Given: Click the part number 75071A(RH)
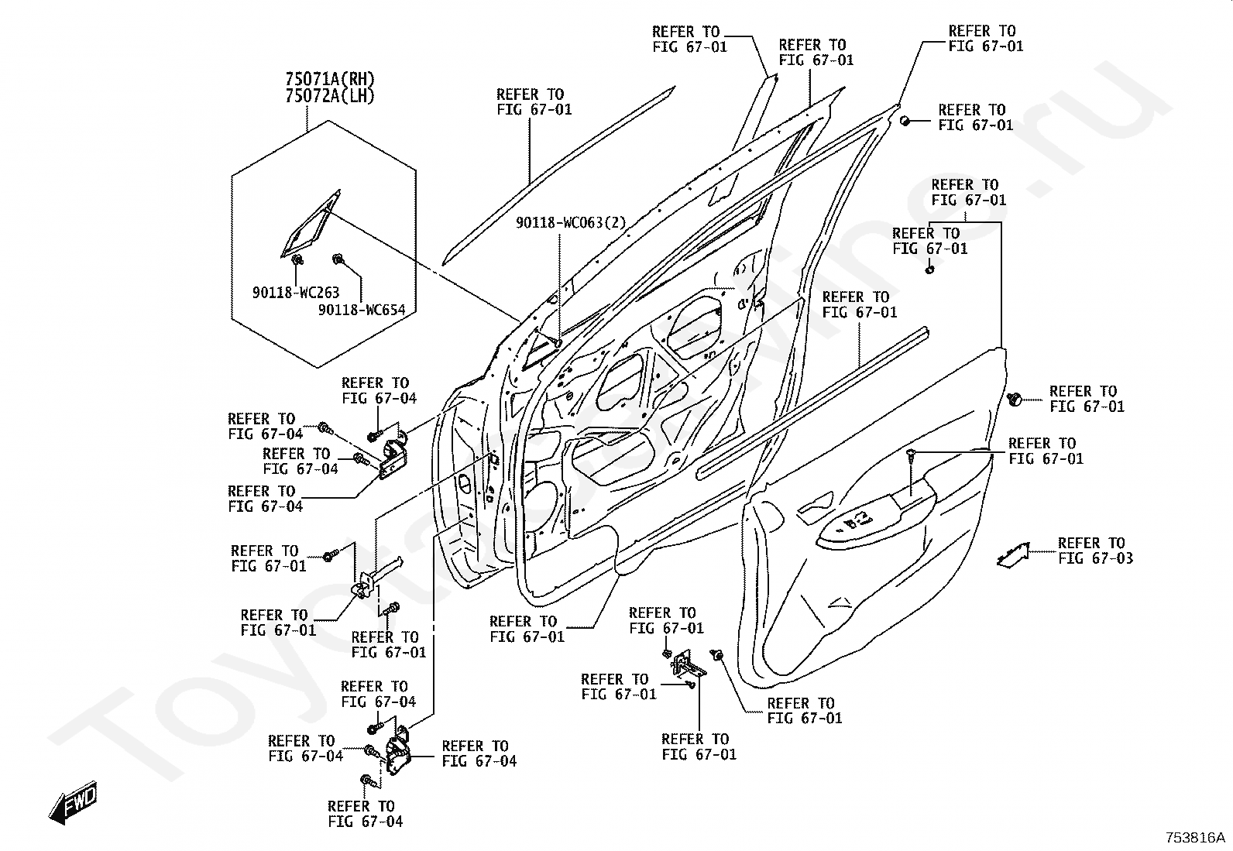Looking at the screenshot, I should tap(330, 79).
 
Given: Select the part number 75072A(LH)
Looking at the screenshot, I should tap(330, 96).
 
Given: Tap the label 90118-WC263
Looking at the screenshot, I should tap(295, 293).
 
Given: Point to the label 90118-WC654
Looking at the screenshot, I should tap(362, 310).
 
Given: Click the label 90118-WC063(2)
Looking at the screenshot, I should tap(571, 223).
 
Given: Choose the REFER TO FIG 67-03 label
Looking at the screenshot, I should tap(1094, 551).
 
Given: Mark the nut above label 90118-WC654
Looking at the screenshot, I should tap(338, 259).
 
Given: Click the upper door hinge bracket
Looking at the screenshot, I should tap(396, 456).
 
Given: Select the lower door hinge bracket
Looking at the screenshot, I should tap(400, 755).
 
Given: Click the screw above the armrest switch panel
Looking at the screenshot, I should tap(912, 457).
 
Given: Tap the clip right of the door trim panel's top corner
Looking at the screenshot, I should tap(1015, 399).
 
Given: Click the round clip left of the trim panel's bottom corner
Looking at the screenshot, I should tap(718, 657).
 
